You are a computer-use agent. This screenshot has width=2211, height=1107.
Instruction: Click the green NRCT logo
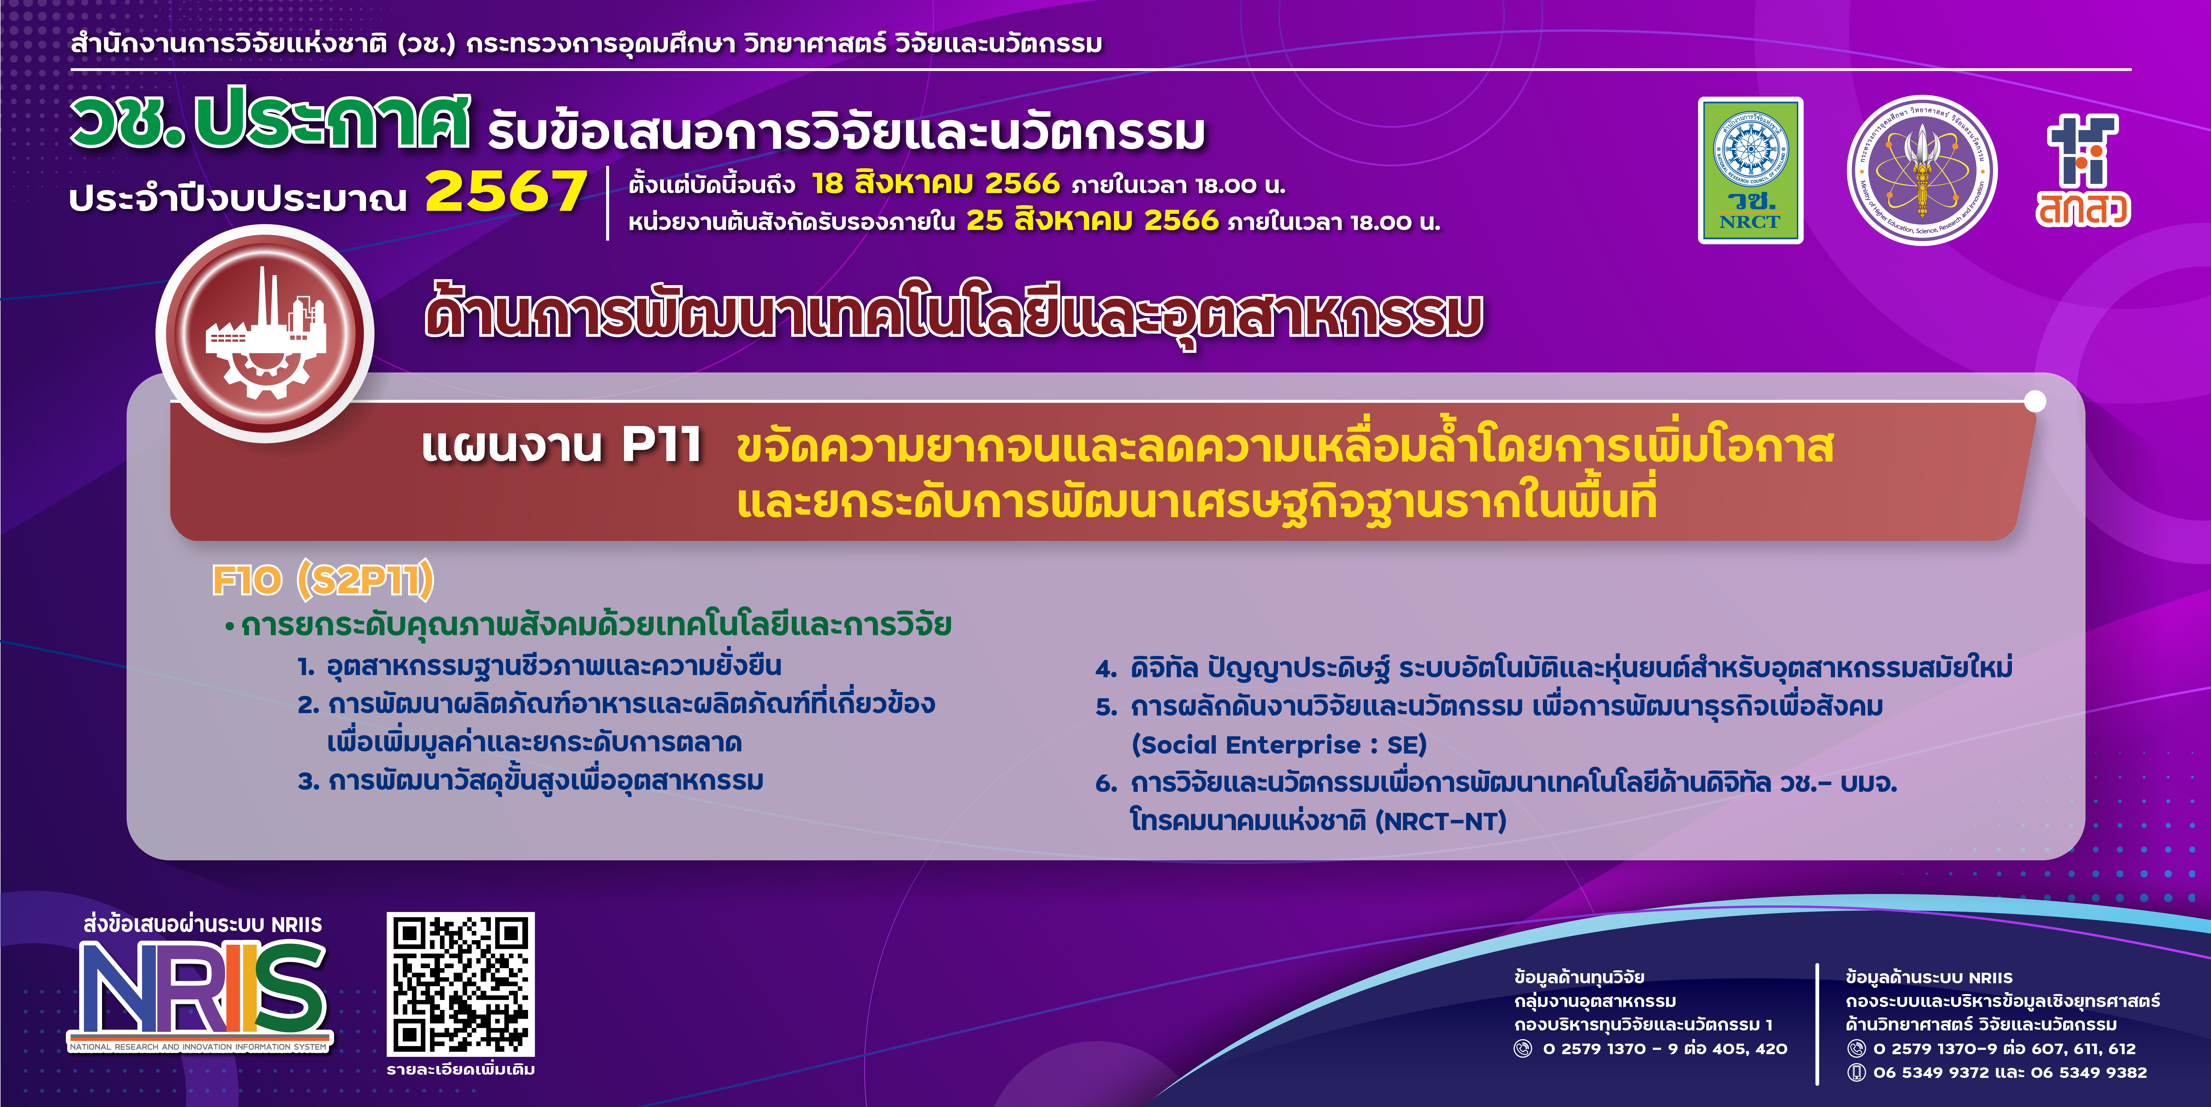[1750, 170]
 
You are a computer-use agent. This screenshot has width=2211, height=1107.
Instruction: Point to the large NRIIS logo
[200, 994]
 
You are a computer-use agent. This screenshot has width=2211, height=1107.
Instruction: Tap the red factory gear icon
[264, 333]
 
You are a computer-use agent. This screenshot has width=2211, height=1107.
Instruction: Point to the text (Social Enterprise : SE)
[1278, 745]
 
